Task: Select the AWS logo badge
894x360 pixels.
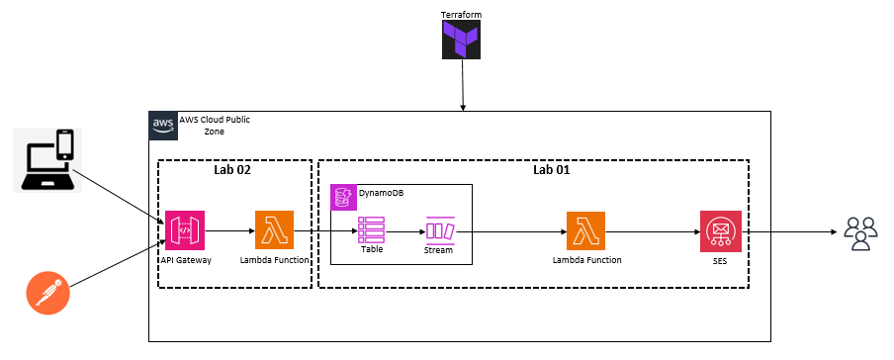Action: tap(163, 126)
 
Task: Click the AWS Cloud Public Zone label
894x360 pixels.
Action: tap(215, 125)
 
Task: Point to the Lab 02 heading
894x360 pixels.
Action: tap(234, 170)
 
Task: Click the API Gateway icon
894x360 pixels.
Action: tap(185, 230)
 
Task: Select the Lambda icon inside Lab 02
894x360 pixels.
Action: tap(274, 230)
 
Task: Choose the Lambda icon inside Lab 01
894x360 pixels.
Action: tap(586, 230)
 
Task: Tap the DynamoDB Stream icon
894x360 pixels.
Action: tap(438, 229)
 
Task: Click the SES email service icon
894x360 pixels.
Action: tap(720, 230)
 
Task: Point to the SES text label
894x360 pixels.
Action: tap(720, 260)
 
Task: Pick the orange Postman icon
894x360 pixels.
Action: tap(45, 294)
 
